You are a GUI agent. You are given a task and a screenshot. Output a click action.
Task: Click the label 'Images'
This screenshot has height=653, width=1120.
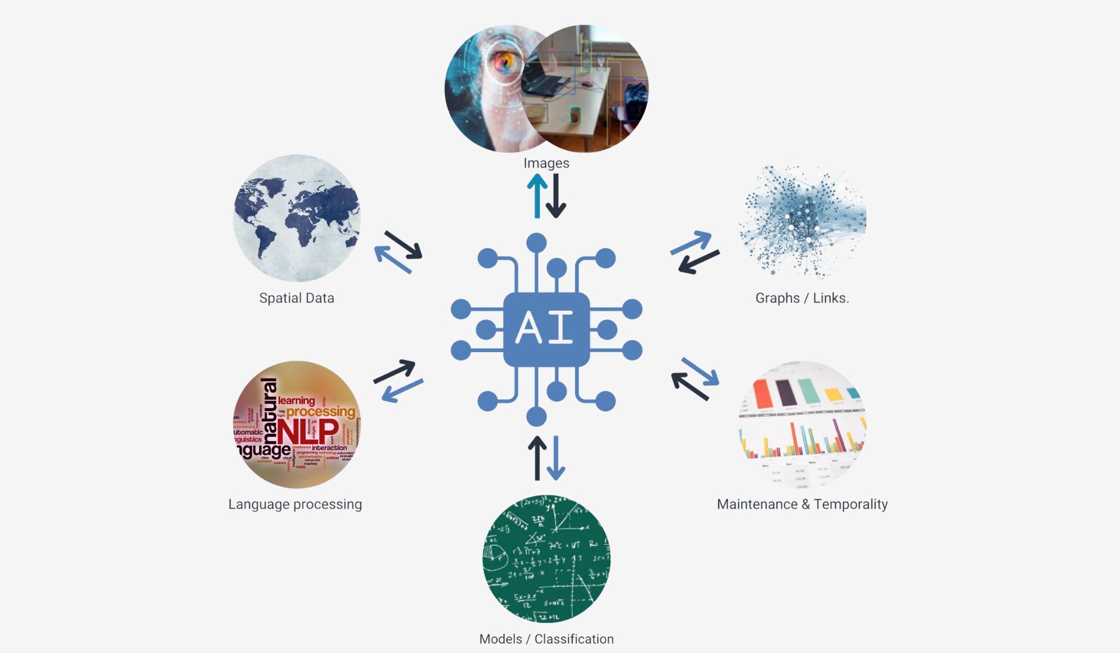(546, 163)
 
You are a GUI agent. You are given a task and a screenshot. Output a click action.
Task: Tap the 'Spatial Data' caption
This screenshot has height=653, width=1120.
(296, 298)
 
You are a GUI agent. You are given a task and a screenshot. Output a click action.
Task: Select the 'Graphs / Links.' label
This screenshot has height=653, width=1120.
(801, 298)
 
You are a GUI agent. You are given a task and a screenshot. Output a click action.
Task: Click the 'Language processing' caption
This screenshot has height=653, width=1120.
(295, 504)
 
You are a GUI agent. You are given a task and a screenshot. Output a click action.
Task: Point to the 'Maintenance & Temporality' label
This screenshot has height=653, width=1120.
(802, 504)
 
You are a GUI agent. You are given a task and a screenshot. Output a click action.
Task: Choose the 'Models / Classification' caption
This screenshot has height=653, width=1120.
(546, 639)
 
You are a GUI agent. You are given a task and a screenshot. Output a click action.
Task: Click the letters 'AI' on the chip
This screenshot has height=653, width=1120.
(545, 328)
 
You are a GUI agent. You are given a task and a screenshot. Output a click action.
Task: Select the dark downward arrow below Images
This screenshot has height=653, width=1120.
(556, 196)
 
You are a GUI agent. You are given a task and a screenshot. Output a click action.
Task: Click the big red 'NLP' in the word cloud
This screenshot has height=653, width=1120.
(307, 432)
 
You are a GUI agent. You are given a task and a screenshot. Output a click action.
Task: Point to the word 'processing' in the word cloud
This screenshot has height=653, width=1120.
(320, 411)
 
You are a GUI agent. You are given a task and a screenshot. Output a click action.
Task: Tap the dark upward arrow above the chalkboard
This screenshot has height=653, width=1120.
(537, 458)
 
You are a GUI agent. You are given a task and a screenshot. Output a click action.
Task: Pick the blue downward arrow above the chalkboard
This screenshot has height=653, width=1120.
(556, 458)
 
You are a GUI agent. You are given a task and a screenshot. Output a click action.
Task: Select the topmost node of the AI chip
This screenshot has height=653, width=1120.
(536, 243)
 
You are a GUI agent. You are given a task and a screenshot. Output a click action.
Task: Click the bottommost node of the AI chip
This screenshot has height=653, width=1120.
(536, 416)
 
